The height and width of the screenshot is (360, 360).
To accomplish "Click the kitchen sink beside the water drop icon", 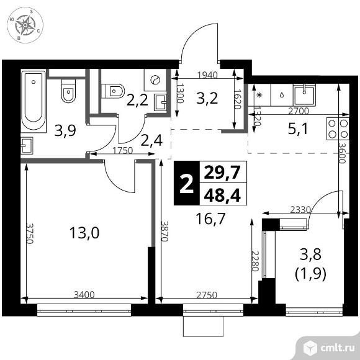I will [x=305, y=94].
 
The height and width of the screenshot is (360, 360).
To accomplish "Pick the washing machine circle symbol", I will [x=155, y=79].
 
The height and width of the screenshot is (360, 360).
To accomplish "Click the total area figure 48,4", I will [x=222, y=196].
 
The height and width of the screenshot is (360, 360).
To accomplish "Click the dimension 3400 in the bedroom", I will [x=84, y=295].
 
